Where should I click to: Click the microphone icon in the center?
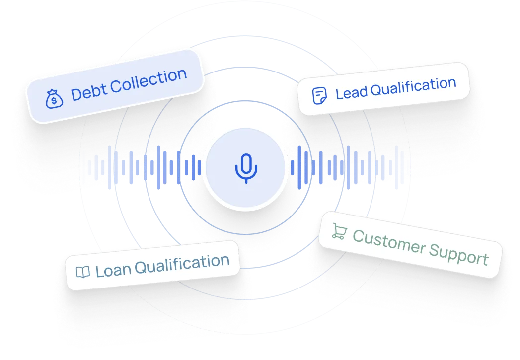click(246, 168)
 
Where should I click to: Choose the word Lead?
click(351, 92)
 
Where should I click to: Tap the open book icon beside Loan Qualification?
click(82, 272)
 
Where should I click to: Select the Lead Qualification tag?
click(383, 89)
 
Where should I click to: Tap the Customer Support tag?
click(410, 245)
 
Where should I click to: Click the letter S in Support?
click(435, 251)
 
